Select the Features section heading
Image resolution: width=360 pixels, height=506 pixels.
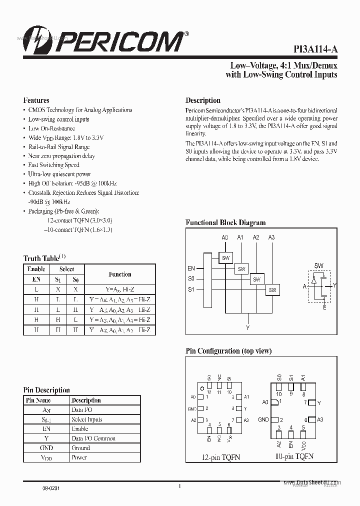pos(36,100)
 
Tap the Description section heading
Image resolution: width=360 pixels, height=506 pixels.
pos(203,100)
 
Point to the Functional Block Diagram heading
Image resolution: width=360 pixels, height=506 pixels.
pos(225,222)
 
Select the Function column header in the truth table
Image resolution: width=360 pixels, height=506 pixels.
pos(120,274)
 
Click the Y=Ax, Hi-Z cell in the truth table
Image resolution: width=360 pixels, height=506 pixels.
pos(120,289)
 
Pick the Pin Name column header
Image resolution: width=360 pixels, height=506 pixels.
pos(38,400)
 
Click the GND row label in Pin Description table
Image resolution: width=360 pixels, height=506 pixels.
pos(46,448)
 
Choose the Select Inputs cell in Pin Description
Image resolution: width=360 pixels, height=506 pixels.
pos(86,419)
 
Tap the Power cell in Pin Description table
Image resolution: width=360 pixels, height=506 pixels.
pos(79,457)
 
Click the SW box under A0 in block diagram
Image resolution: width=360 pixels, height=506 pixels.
pos(225,257)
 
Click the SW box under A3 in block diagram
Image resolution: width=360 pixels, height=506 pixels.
pos(272,289)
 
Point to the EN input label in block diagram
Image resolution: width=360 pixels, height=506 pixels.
pos(191,268)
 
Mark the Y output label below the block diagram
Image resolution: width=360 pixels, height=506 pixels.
pos(247,328)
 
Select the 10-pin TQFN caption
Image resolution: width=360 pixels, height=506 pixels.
pos(294,456)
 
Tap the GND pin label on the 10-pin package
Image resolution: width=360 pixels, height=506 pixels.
pos(263,419)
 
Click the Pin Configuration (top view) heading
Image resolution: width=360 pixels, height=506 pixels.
pos(228,351)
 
